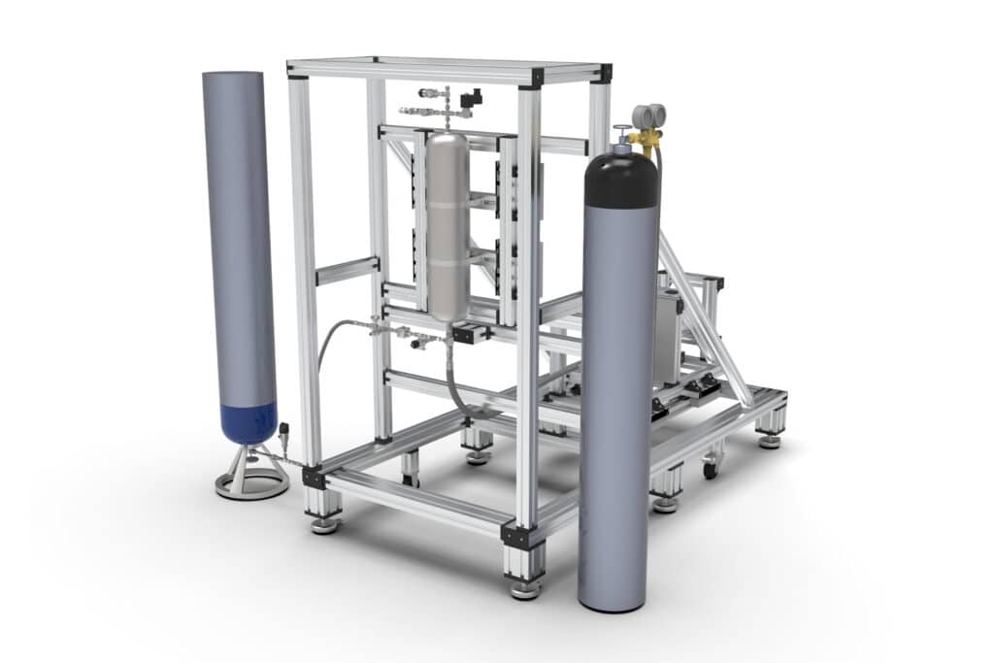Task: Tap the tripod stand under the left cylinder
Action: coord(251,475)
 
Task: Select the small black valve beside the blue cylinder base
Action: coord(284,430)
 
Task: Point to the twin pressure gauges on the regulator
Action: coord(647,116)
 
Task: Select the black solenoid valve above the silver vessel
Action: coord(471,99)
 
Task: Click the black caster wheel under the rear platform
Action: coord(711,470)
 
